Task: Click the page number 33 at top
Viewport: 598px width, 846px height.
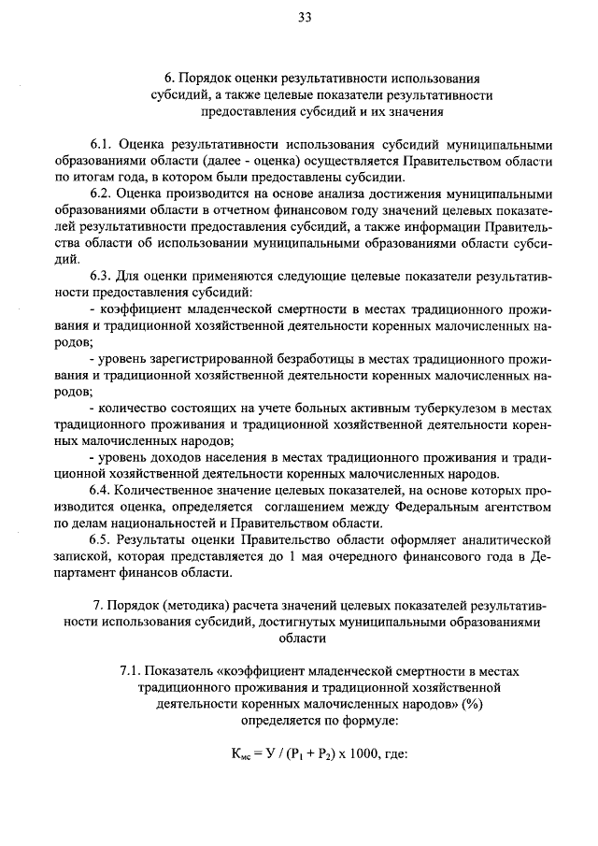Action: tap(305, 16)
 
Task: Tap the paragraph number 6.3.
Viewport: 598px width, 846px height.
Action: tap(102, 278)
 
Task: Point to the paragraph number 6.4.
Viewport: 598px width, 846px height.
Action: tap(102, 490)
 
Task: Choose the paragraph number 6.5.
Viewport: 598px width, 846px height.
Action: tap(102, 540)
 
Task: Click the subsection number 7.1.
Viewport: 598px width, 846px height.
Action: tap(133, 671)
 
